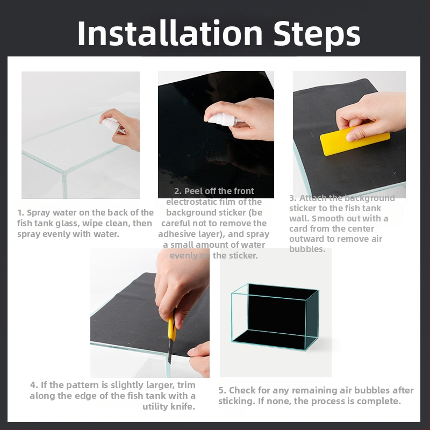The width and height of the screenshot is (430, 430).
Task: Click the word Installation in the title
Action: click(170, 33)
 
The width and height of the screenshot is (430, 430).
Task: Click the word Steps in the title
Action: click(317, 35)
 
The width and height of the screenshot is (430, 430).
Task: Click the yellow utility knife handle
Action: click(172, 326)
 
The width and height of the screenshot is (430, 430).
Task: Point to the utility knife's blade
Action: click(170, 352)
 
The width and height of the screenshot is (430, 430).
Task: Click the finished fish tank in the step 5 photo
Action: click(275, 317)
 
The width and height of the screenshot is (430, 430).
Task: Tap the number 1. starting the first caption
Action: click(21, 212)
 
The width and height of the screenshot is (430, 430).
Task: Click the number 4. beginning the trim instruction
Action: click(34, 385)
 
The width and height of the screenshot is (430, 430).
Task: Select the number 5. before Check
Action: click(223, 390)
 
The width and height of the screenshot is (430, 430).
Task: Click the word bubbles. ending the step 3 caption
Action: click(307, 249)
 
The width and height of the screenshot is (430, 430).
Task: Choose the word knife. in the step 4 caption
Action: click(182, 406)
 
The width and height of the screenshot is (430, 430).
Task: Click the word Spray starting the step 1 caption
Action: click(39, 213)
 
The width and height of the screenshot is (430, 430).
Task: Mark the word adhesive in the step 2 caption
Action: click(174, 234)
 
